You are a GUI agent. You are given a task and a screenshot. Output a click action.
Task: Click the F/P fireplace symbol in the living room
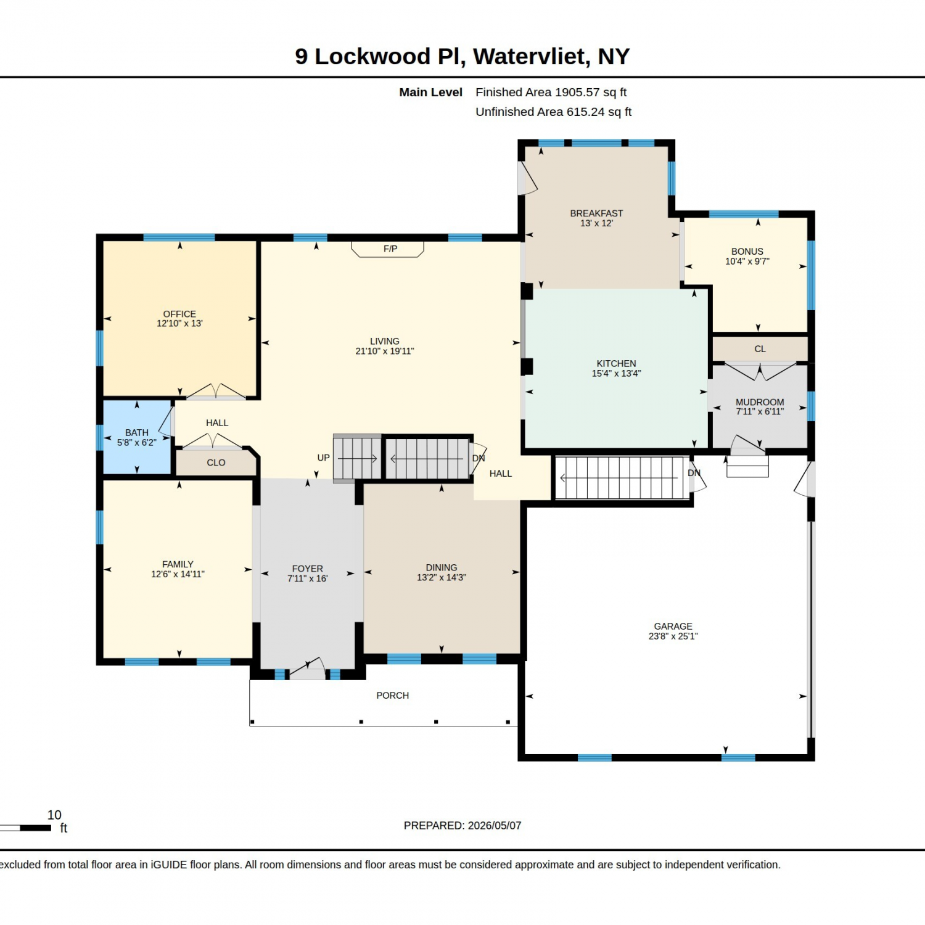pyautogui.click(x=387, y=249)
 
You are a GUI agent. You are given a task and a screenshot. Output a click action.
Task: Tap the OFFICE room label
pyautogui.click(x=179, y=314)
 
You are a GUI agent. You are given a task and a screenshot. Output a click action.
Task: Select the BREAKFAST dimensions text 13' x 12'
pyautogui.click(x=596, y=223)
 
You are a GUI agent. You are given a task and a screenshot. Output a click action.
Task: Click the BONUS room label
pyautogui.click(x=747, y=252)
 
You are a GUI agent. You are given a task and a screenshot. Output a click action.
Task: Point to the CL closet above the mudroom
pyautogui.click(x=760, y=349)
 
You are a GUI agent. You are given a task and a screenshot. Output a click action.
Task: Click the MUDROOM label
pyautogui.click(x=760, y=402)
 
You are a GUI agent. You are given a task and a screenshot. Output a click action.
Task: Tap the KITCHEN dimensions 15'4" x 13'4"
pyautogui.click(x=617, y=373)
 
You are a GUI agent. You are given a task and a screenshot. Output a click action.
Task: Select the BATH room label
pyautogui.click(x=137, y=433)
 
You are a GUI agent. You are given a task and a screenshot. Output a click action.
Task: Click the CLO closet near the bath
pyautogui.click(x=216, y=462)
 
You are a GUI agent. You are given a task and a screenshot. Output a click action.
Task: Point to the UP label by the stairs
pyautogui.click(x=323, y=458)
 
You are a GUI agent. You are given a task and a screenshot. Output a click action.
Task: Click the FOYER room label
pyautogui.click(x=308, y=569)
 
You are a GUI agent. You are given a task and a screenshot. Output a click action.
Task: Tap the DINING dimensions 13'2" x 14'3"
pyautogui.click(x=442, y=577)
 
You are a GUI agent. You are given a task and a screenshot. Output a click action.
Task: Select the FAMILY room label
pyautogui.click(x=178, y=564)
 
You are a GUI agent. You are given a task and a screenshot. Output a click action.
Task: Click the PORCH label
pyautogui.click(x=393, y=696)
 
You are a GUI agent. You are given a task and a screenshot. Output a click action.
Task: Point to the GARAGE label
pyautogui.click(x=673, y=626)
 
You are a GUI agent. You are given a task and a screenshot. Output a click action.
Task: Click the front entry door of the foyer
pyautogui.click(x=307, y=670)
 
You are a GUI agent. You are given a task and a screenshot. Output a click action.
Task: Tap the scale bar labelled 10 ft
pyautogui.click(x=25, y=828)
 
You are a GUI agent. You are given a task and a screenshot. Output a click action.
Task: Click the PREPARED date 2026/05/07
pyautogui.click(x=495, y=826)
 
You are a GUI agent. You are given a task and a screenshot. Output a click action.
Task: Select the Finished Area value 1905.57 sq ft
pyautogui.click(x=591, y=92)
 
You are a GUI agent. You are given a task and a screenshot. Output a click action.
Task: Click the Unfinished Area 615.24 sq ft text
pyautogui.click(x=554, y=112)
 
